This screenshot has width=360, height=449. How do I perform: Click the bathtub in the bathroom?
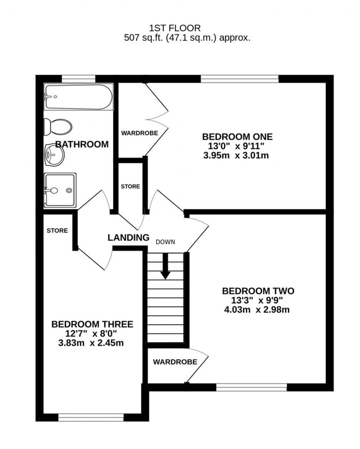78,97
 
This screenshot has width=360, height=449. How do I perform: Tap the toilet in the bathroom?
58,126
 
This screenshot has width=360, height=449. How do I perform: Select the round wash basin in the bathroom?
54,155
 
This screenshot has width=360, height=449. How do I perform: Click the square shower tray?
60,190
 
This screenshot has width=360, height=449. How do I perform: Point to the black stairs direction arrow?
165,267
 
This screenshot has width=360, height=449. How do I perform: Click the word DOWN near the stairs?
165,242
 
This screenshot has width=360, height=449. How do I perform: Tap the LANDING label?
128,238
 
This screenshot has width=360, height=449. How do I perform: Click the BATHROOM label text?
82,144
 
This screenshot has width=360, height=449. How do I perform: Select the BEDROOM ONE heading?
237,137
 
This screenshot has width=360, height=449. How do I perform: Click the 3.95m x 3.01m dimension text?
236,155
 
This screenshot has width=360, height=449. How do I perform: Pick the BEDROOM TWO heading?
258,291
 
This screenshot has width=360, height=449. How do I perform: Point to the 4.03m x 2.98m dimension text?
257,310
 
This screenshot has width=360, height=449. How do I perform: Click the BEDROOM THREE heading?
92,324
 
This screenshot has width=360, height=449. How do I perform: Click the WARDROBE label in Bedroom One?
140,133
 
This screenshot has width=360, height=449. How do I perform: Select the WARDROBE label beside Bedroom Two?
175,362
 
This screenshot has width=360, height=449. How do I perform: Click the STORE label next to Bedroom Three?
57,231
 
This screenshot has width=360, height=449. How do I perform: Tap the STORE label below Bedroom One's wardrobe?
130,187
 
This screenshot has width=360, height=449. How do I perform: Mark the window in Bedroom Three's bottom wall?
91,417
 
